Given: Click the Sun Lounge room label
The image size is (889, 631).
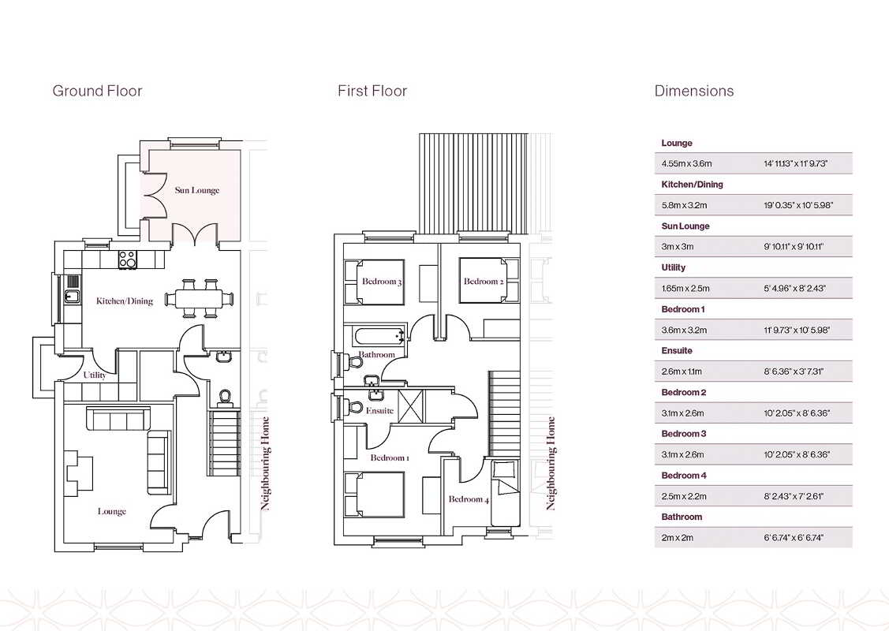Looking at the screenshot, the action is click(196, 191).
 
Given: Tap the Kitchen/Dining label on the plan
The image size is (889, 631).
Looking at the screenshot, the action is click(125, 301).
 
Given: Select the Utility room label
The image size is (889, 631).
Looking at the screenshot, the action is click(95, 375).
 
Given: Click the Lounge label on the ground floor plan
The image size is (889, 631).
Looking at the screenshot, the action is click(112, 511).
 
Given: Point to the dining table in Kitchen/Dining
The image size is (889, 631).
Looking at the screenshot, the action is click(199, 297).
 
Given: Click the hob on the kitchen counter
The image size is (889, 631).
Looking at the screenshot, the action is click(128, 259).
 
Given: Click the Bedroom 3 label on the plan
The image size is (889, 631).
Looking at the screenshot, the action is click(382, 282).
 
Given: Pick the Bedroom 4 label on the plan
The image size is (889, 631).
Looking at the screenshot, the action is click(469, 499).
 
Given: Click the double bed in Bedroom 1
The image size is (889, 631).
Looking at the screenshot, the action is click(375, 495).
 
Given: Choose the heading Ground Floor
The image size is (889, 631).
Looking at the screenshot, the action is click(97, 91).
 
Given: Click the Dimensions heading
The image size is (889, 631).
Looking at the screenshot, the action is click(694, 91).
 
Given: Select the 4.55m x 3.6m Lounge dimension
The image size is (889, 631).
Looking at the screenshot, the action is click(686, 164).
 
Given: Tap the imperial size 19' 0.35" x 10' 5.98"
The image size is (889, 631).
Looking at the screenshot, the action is click(798, 205).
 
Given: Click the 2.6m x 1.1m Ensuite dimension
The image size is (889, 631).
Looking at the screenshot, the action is click(682, 372).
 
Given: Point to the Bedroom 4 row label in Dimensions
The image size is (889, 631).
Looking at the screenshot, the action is click(684, 476).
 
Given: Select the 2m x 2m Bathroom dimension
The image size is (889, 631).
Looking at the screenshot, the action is click(677, 538).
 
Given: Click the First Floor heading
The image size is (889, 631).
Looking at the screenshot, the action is click(372, 91).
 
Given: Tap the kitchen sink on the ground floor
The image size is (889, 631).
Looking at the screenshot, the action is click(73, 295).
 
